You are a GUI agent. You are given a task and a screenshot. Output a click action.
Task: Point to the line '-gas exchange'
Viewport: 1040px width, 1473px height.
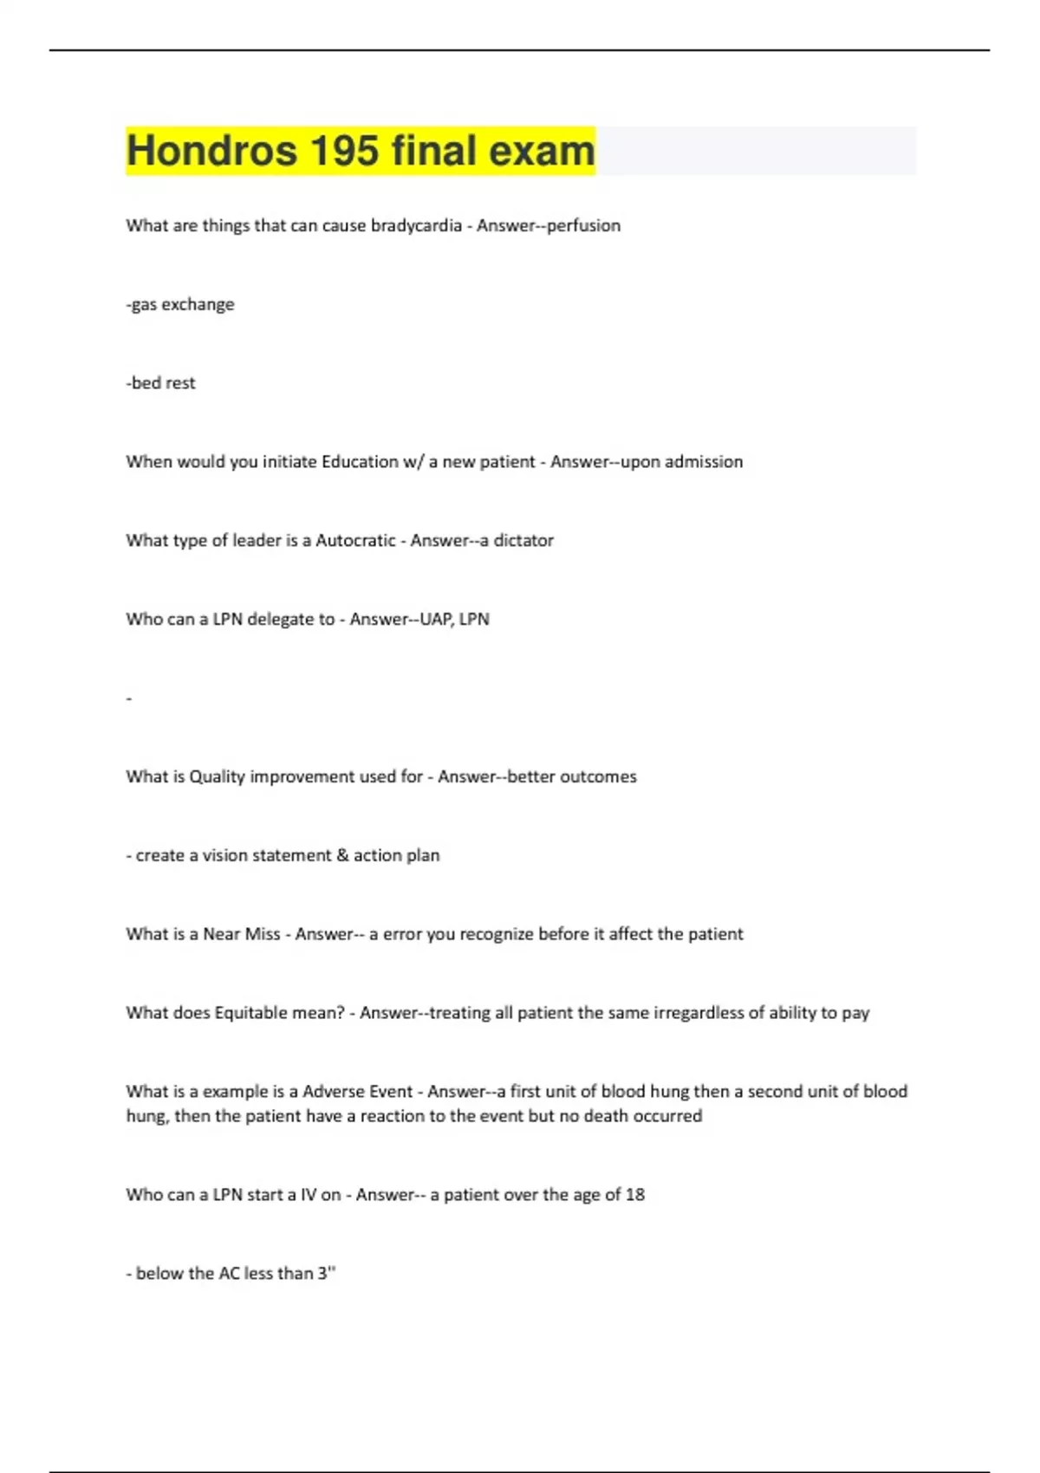point(180,304)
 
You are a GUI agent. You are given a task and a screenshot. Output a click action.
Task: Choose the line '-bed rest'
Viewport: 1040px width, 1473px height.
point(161,383)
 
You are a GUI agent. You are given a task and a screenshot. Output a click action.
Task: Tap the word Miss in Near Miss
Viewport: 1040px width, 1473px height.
point(263,934)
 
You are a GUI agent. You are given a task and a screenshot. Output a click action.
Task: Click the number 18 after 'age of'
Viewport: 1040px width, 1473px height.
point(635,1195)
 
